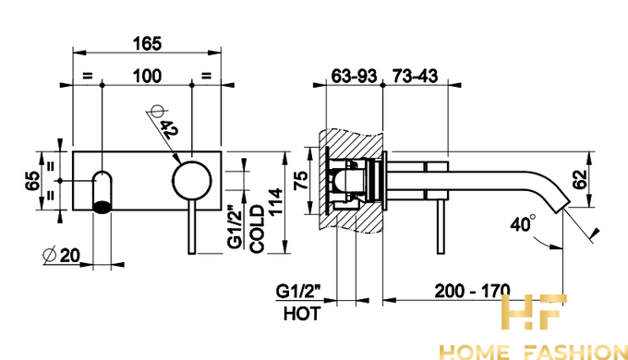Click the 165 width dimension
click(148, 43)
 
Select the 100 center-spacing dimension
click(148, 76)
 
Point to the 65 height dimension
click(32, 181)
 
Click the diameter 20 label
click(62, 255)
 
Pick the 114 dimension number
click(276, 202)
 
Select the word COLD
click(257, 229)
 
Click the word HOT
click(302, 314)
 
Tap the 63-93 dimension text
click(354, 76)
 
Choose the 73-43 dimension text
click(415, 76)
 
